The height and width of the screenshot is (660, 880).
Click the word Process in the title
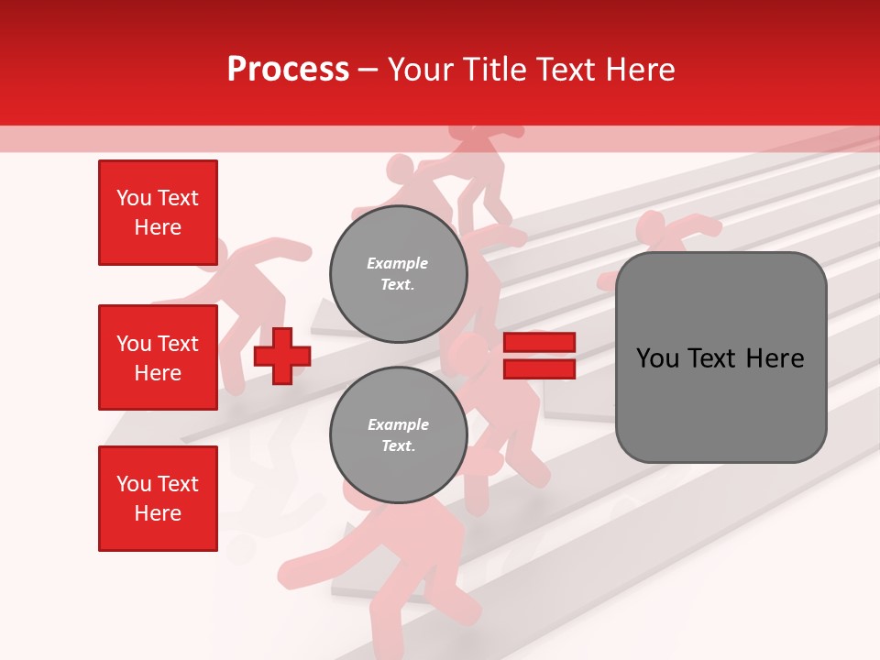288,70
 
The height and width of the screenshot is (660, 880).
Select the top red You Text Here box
158,213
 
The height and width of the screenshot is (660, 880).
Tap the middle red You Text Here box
158,357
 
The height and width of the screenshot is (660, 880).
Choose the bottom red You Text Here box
158,499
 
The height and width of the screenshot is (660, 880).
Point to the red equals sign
539,356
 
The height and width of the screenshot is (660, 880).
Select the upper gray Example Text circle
399,273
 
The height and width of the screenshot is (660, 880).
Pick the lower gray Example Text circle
399,434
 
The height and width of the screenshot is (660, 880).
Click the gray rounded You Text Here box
720,357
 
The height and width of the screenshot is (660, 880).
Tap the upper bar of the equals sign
539,343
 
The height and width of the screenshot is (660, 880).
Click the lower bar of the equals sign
539,368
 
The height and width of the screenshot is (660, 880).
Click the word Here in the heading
641,70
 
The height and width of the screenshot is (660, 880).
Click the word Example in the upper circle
398,263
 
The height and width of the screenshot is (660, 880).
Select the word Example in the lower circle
398,424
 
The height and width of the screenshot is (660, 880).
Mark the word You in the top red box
134,198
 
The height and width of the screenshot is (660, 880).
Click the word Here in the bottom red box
158,513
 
